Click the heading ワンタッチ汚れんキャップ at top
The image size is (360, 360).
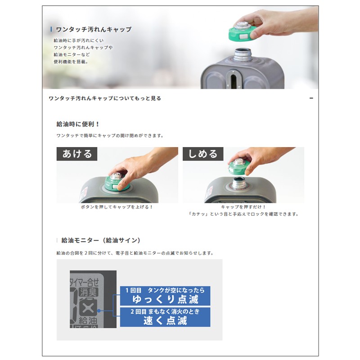click(94, 29)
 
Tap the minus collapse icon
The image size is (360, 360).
click(311, 98)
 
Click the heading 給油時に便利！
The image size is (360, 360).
click(78, 124)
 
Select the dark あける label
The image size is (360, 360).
click(77, 154)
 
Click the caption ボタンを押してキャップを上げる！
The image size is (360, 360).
click(117, 207)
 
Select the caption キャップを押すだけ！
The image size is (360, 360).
click(243, 207)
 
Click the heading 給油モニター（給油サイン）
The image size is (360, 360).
click(101, 240)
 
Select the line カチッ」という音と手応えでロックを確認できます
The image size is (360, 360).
click(243, 214)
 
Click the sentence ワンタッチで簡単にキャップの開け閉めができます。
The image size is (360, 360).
click(110, 135)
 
